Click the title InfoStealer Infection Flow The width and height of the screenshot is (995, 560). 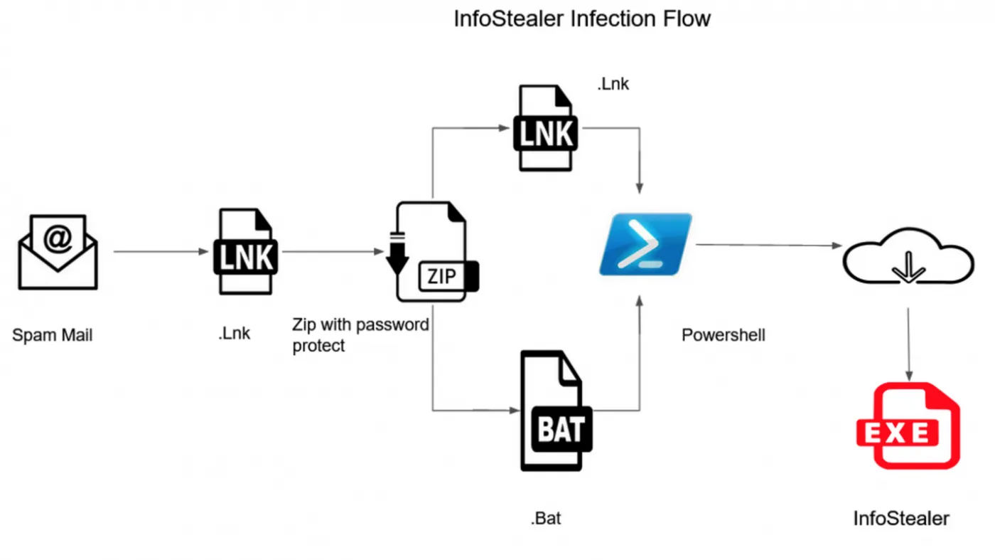582,19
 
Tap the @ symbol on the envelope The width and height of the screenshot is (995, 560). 58,238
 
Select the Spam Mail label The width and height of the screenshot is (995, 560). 53,335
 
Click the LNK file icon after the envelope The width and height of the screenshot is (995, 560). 246,252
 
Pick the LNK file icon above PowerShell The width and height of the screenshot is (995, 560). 546,128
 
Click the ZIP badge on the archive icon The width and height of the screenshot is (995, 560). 442,276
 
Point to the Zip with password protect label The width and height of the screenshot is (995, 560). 360,335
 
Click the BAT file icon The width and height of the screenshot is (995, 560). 556,411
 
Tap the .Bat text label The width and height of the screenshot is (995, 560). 546,518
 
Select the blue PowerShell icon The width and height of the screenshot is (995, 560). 645,244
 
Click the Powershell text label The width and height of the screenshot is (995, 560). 724,335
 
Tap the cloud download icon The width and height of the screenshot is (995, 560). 908,256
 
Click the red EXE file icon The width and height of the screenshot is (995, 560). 908,426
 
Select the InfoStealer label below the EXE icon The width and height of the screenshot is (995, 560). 901,519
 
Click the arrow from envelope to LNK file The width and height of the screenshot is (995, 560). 161,252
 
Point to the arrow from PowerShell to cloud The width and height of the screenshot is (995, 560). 769,245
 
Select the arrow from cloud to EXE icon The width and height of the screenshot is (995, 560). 909,344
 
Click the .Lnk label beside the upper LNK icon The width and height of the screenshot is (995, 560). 613,84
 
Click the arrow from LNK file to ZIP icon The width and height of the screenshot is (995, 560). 333,252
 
